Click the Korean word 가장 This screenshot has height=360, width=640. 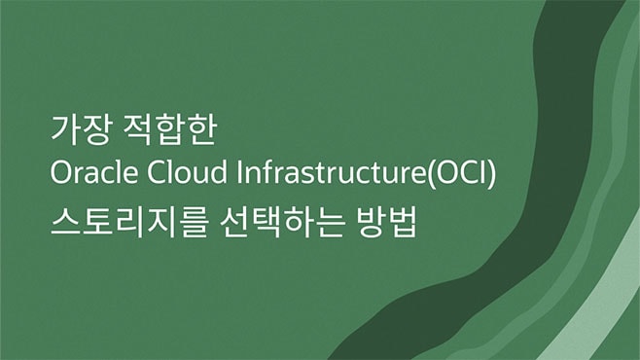click(x=75, y=128)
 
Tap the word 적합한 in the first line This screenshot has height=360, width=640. click(x=160, y=128)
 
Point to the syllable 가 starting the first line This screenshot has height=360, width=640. click(x=62, y=128)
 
